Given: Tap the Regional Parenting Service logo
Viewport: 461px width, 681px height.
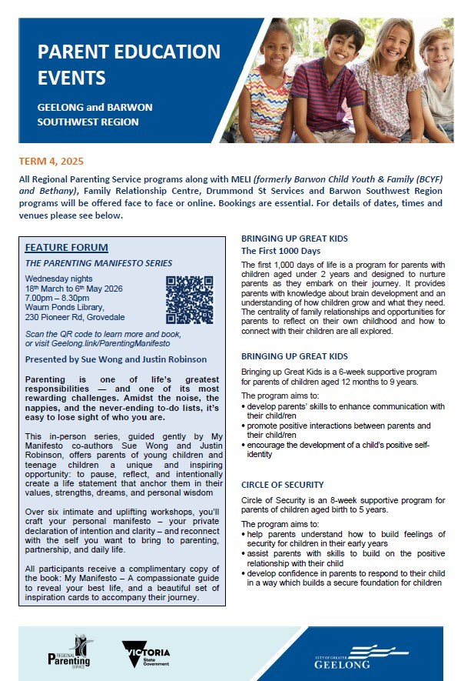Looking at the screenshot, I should [69, 652].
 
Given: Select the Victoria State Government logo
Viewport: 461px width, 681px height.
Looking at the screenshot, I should [145, 653].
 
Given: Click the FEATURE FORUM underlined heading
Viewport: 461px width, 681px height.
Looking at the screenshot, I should [67, 248].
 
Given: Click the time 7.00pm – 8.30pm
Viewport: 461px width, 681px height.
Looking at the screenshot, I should [58, 297].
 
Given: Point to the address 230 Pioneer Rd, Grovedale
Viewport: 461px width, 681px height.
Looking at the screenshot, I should [75, 317].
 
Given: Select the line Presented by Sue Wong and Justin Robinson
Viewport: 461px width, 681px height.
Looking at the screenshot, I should [115, 359].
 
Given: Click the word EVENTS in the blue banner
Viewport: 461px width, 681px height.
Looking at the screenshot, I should [74, 78].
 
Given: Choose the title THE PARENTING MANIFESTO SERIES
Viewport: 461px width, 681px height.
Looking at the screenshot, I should [98, 262].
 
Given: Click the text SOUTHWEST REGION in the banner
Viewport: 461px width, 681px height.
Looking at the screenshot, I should [88, 122].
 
